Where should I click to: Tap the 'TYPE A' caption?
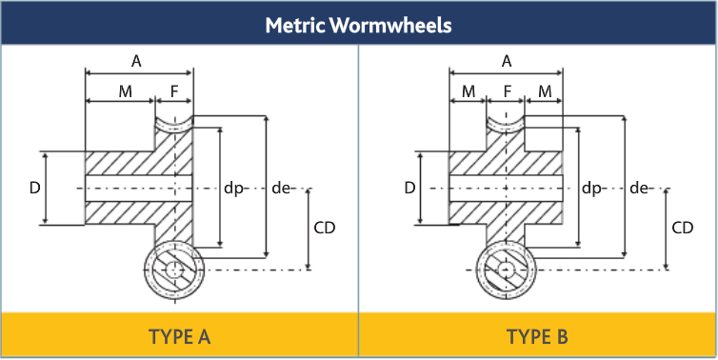[x=179, y=336]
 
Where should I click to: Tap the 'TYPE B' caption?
[x=538, y=336]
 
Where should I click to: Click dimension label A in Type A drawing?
[x=137, y=61]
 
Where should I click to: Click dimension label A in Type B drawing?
[x=507, y=61]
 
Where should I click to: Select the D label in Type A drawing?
[x=34, y=188]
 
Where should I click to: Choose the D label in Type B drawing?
[x=409, y=188]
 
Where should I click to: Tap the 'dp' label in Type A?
[x=233, y=188]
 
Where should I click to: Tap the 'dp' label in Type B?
[x=591, y=188]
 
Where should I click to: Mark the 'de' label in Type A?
[x=280, y=188]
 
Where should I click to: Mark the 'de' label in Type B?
[x=639, y=188]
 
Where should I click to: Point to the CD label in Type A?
[x=324, y=229]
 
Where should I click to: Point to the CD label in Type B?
[x=682, y=229]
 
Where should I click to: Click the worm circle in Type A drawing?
[x=174, y=270]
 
